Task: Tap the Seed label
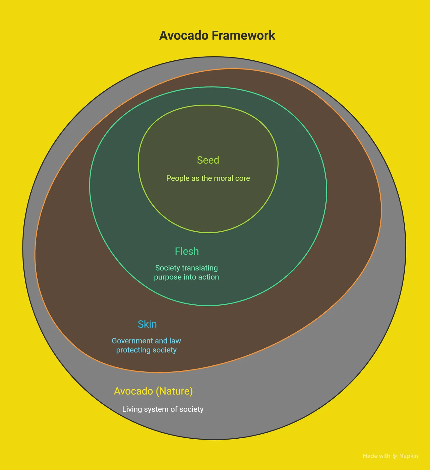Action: pyautogui.click(x=208, y=160)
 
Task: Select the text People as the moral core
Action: pyautogui.click(x=208, y=178)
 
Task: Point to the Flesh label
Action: pyautogui.click(x=187, y=251)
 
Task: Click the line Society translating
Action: pyautogui.click(x=187, y=268)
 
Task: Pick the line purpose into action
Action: pyautogui.click(x=187, y=277)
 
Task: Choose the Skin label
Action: pyautogui.click(x=147, y=324)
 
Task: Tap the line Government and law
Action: pyautogui.click(x=146, y=341)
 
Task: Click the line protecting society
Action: pyautogui.click(x=146, y=350)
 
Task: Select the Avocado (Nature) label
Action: pyautogui.click(x=153, y=391)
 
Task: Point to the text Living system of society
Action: pyautogui.click(x=163, y=409)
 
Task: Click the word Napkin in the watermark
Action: pyautogui.click(x=408, y=456)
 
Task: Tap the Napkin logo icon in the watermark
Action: pyautogui.click(x=395, y=456)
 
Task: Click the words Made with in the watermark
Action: pyautogui.click(x=376, y=456)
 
